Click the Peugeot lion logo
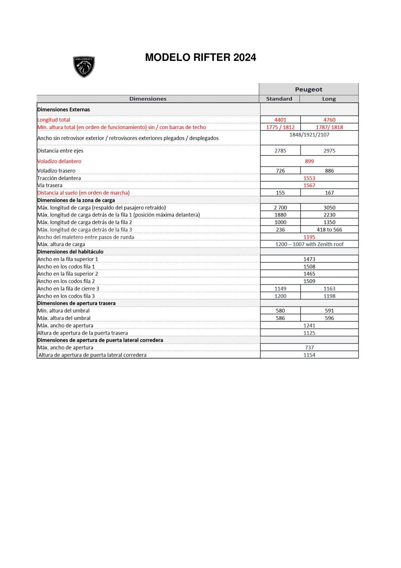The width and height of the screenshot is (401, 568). click(x=84, y=67)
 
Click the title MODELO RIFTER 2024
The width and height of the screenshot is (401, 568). click(x=200, y=58)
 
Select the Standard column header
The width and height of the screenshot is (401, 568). click(x=279, y=99)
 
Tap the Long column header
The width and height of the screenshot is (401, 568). click(x=329, y=99)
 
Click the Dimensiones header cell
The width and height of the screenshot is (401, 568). click(x=148, y=99)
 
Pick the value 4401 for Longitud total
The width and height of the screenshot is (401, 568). click(x=280, y=120)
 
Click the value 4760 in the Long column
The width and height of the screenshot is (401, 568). click(x=329, y=120)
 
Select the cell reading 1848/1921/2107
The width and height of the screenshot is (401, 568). click(x=309, y=135)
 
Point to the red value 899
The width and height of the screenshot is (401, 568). click(x=309, y=161)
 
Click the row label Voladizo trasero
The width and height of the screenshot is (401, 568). click(x=56, y=171)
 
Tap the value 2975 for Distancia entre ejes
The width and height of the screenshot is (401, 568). click(x=329, y=151)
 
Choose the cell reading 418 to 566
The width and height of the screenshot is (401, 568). click(x=329, y=230)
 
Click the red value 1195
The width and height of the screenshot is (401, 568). click(x=309, y=237)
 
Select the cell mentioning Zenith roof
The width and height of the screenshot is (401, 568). click(x=309, y=244)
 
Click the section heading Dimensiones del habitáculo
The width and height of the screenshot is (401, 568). click(x=70, y=252)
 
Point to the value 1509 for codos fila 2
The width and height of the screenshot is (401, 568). click(x=309, y=281)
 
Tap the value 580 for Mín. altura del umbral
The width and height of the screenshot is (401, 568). click(x=280, y=311)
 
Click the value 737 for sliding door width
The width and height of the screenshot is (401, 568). click(x=309, y=347)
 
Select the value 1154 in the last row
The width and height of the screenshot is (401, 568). click(x=309, y=355)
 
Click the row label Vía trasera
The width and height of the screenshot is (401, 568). click(x=50, y=185)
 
